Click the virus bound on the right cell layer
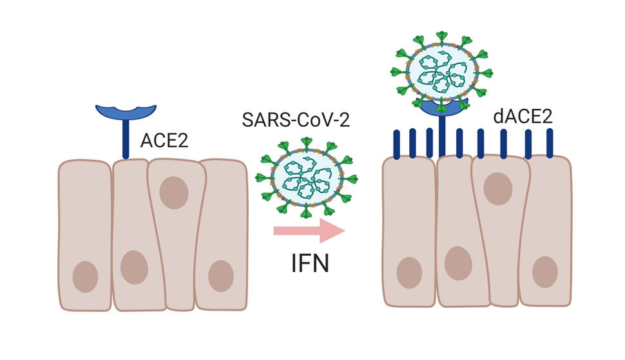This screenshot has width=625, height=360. click(443, 71)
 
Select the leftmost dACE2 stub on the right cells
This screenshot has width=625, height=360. click(397, 144)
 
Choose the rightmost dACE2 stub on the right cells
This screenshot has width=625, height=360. click(550, 143)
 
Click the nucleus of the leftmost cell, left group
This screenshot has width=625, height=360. click(85, 277)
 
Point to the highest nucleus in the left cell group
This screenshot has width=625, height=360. click(173, 193)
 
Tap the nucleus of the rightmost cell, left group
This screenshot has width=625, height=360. click(220, 276)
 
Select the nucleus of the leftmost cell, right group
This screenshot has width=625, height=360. click(409, 272)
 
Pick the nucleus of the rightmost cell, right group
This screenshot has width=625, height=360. click(544, 272)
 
